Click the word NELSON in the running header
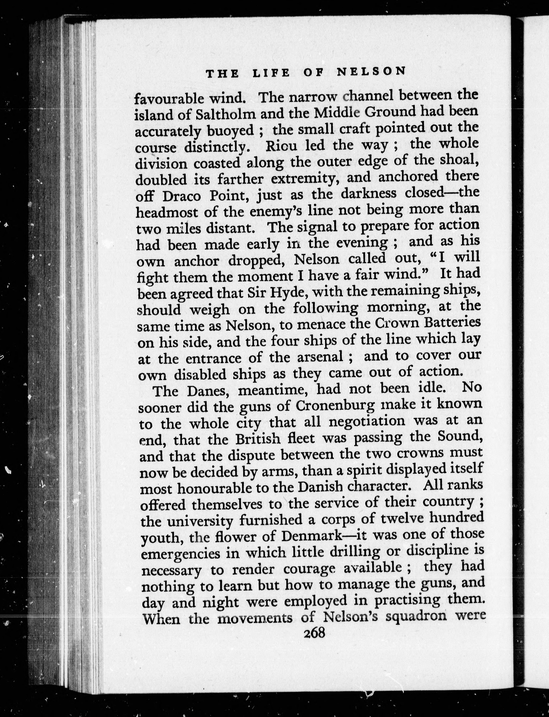point(371,72)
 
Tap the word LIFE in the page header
point(271,73)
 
